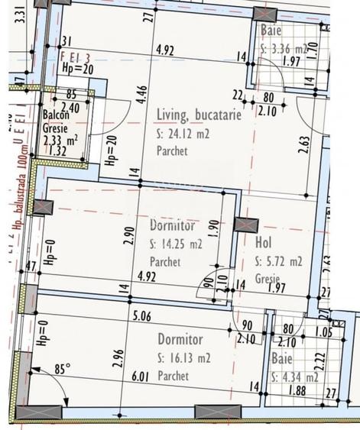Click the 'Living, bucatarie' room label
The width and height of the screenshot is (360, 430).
(x=199, y=115)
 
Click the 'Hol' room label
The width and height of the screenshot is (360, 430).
(x=264, y=244)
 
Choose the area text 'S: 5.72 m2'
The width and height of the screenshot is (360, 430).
(x=279, y=261)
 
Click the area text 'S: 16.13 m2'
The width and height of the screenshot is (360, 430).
(x=184, y=357)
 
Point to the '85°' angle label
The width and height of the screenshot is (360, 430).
(x=62, y=370)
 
